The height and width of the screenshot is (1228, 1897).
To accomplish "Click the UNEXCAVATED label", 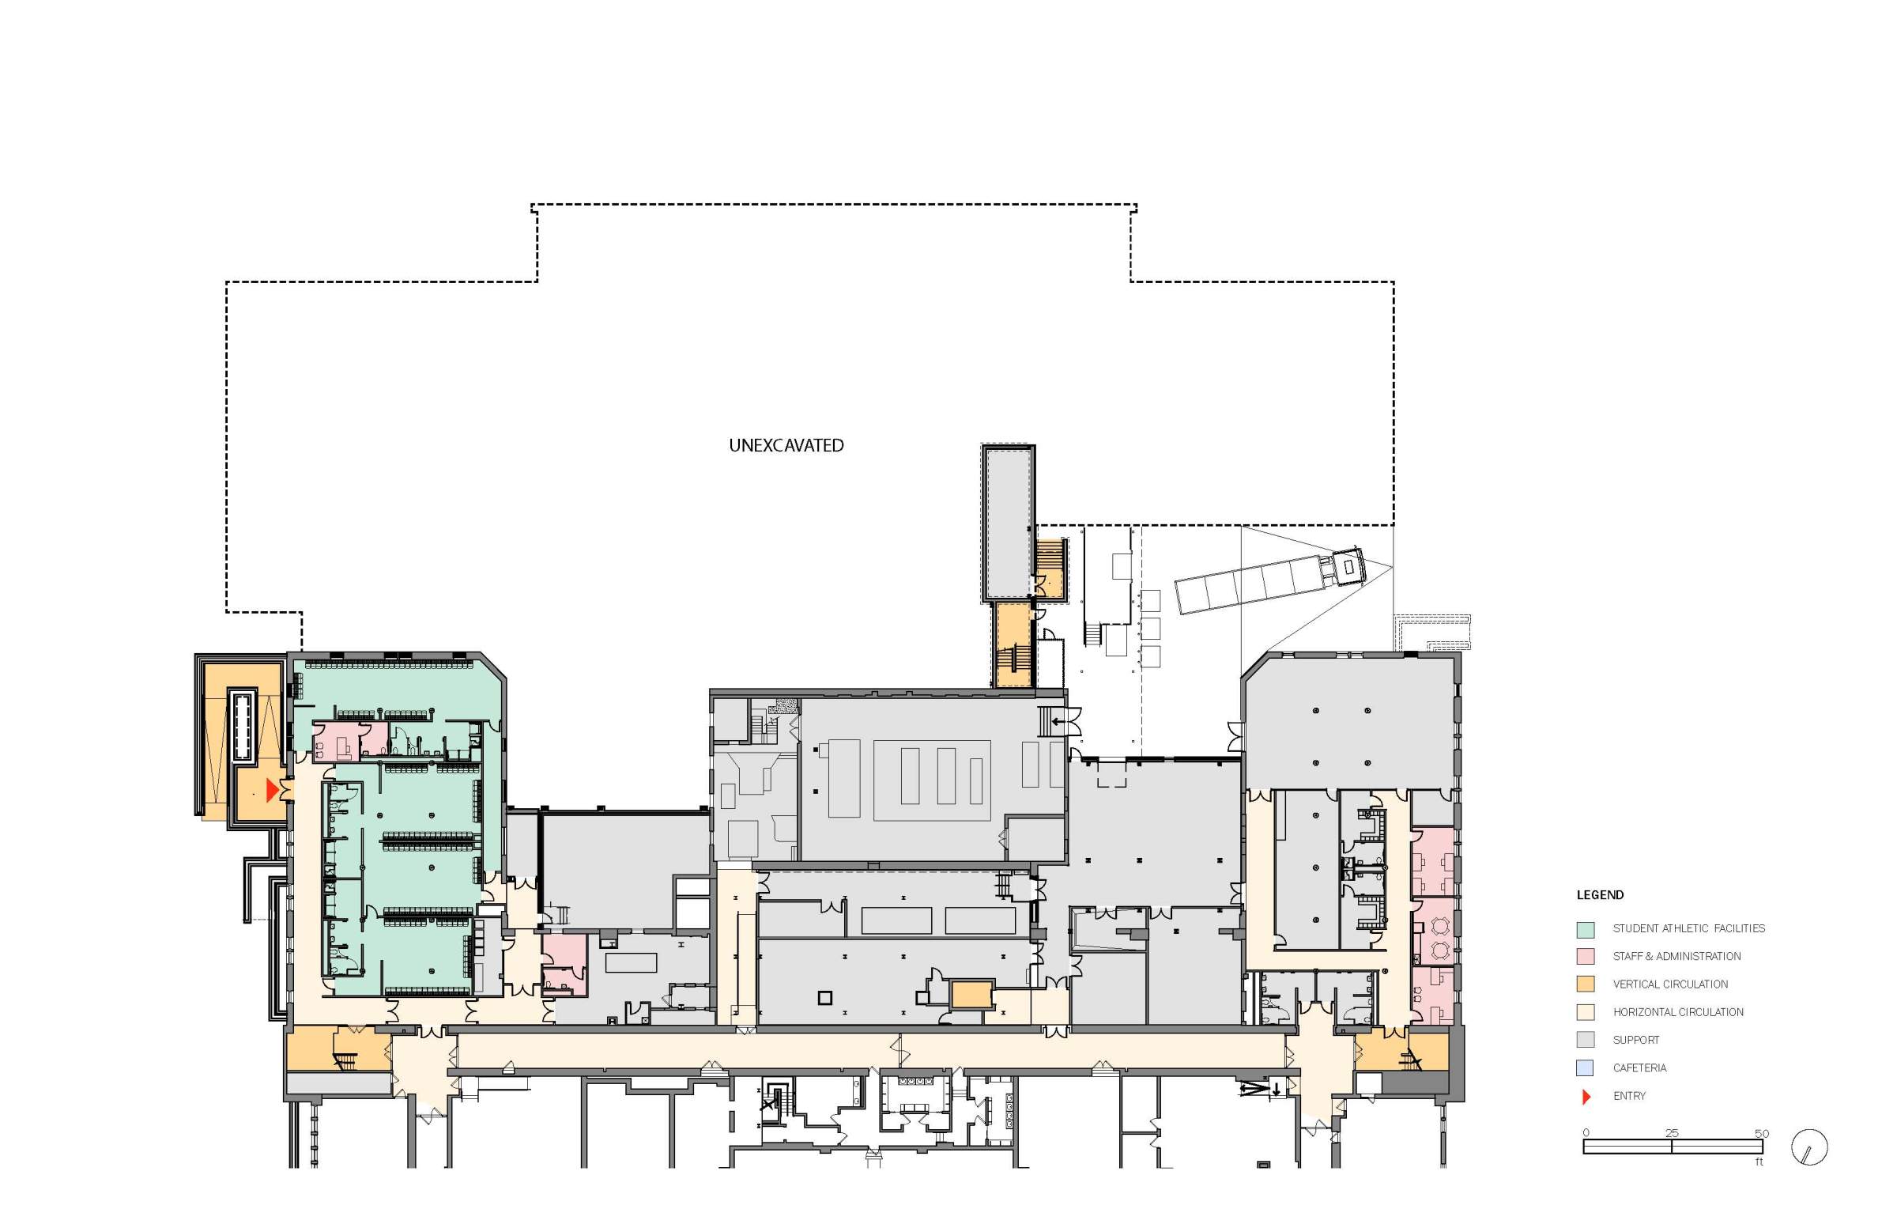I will coord(786,446).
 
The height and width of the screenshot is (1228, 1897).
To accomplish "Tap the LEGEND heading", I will coord(1600,894).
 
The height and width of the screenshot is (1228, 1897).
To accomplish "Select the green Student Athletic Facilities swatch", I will coord(1586,929).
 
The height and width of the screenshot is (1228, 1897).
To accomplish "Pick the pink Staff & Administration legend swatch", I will coord(1586,957).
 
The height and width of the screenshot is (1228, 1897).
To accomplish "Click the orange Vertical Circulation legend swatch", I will coord(1586,984).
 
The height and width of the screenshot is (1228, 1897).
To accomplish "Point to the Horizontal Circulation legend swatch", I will coord(1586,1013).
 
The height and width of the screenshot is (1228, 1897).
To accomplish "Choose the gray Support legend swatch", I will coord(1586,1041).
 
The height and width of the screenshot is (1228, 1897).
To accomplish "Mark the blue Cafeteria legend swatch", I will coord(1586,1068).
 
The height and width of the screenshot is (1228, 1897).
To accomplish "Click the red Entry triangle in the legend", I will coord(1586,1098).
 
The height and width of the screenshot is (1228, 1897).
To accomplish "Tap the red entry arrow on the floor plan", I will coord(272,790).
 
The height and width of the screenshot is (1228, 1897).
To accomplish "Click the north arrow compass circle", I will coord(1809,1148).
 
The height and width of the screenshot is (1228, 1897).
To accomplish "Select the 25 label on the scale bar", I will coord(1672,1133).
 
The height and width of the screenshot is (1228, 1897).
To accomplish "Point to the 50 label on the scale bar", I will coord(1762,1133).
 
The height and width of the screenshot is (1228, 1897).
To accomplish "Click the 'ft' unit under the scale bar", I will coord(1759,1162).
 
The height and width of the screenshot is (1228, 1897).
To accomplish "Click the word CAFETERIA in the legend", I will coord(1639,1068).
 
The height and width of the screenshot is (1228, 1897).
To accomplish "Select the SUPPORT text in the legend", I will coord(1635,1041).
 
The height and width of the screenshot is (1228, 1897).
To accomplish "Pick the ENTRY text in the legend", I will coord(1629,1097).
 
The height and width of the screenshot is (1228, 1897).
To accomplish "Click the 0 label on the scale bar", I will coord(1586,1133).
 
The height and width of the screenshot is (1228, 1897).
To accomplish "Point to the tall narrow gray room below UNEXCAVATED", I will coord(1008,523).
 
